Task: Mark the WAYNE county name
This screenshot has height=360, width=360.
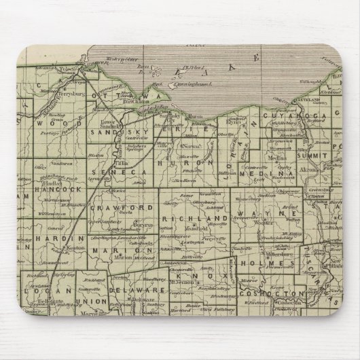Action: coord(268,214)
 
